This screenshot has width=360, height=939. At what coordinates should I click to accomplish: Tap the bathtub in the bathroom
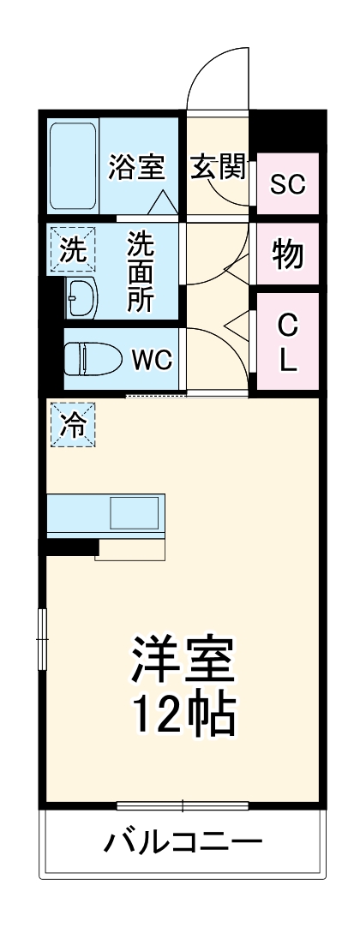(73, 165)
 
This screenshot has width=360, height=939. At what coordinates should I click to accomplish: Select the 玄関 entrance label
(218, 166)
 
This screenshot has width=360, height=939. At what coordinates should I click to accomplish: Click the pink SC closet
(288, 183)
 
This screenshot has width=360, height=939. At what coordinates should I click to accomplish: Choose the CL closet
(288, 343)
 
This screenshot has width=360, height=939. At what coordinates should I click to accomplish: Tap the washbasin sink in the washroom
(82, 298)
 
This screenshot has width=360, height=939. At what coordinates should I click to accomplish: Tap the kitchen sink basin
(135, 512)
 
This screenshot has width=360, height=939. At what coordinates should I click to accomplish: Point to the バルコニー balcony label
(183, 842)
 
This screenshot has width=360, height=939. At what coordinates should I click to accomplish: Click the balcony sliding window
(183, 805)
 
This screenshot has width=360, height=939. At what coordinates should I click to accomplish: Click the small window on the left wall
(40, 638)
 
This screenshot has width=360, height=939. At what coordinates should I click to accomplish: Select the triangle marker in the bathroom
(163, 202)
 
